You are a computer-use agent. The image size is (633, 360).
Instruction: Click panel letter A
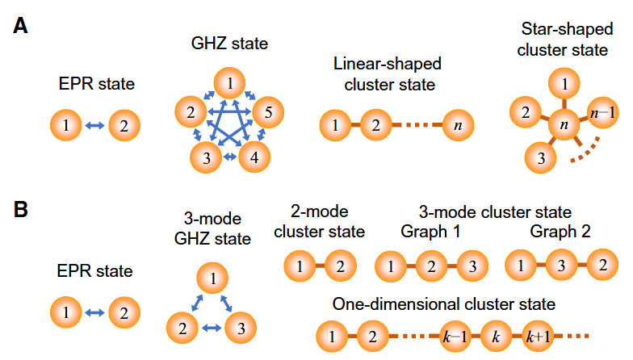pos(22,26)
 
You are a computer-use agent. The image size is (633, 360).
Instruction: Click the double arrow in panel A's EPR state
pos(94,125)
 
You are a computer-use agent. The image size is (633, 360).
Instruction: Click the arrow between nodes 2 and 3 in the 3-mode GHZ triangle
pos(211,328)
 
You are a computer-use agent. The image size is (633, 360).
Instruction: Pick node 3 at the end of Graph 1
pos(473,266)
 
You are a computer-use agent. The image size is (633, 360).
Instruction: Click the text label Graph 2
pos(560,232)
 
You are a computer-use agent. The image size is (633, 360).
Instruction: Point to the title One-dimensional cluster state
pos(444,303)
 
